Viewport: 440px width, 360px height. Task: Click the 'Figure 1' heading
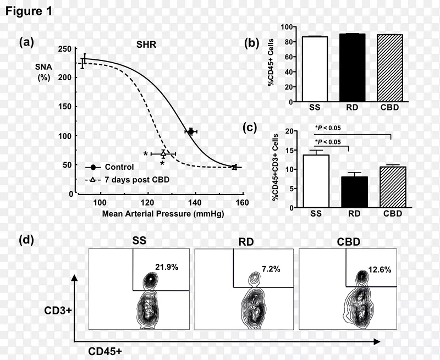pos(29,12)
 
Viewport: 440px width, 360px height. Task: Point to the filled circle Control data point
pos(191,131)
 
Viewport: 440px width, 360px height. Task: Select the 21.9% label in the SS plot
pos(167,267)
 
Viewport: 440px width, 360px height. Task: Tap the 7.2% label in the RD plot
pos(271,269)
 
